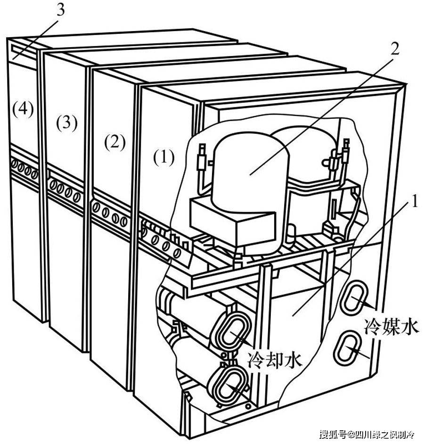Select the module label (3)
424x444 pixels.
pyautogui.click(x=67, y=123)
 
